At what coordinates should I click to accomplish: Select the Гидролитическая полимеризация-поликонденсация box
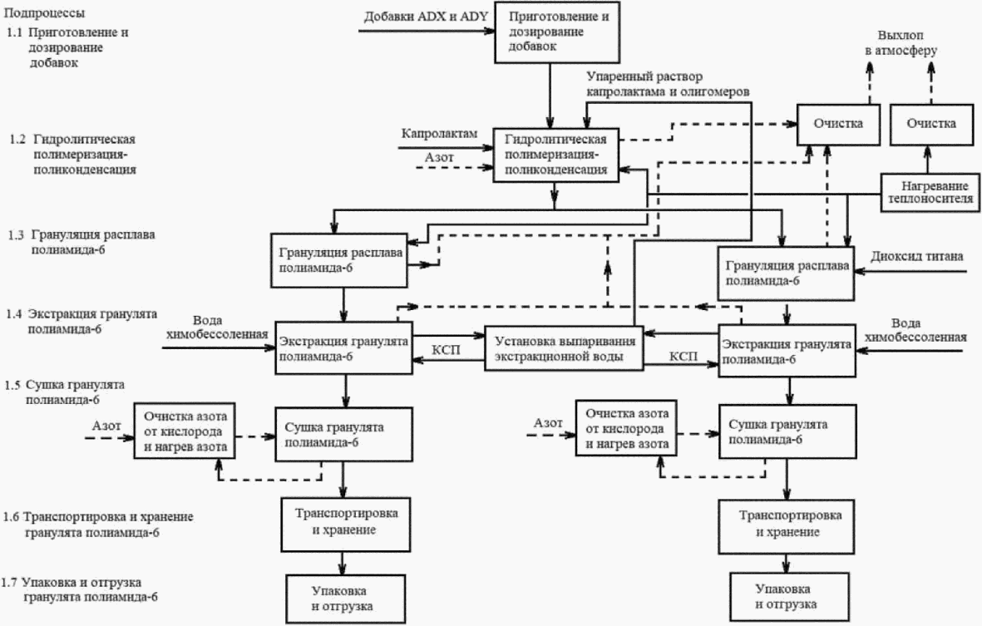tap(555, 155)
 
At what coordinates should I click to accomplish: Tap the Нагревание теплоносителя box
tap(930, 192)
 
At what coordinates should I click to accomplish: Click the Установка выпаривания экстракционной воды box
tap(565, 348)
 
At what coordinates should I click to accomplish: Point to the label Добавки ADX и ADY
tap(426, 17)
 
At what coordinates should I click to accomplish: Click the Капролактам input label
tap(440, 133)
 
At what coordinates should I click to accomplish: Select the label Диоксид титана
tap(917, 256)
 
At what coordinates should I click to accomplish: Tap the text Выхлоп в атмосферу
tap(901, 42)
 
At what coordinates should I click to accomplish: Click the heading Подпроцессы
tap(44, 12)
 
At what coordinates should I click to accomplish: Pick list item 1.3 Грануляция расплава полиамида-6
tap(81, 242)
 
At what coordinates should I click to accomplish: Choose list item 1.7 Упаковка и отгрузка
tap(79, 589)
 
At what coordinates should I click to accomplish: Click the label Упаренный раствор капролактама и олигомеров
tap(668, 84)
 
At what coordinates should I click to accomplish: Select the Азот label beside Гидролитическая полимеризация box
tap(439, 157)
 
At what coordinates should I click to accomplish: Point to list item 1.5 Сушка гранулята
tap(65, 392)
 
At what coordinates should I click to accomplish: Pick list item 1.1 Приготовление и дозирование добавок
tap(67, 47)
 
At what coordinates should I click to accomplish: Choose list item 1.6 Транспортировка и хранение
tap(97, 525)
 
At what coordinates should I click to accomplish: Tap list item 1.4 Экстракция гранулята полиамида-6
tap(82, 321)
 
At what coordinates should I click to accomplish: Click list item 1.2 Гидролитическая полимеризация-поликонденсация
tap(72, 154)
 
